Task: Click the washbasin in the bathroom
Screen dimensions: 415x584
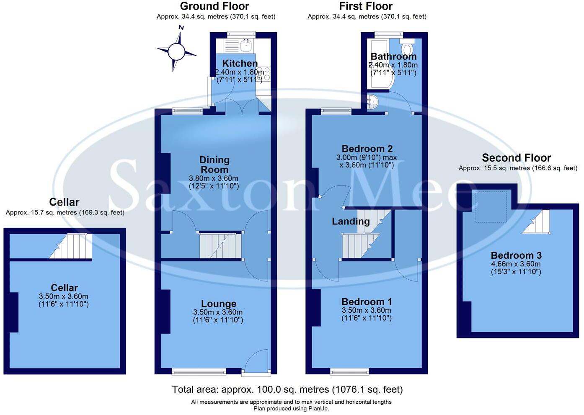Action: pos(372,102)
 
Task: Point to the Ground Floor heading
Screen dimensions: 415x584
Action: pos(214,6)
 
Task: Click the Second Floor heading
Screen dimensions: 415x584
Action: pos(516,158)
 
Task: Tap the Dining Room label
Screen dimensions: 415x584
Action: pos(214,165)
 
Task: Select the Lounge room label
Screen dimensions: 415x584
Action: pos(218,304)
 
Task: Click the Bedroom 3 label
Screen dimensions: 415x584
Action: pos(516,255)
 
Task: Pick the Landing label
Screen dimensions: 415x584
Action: pos(351,221)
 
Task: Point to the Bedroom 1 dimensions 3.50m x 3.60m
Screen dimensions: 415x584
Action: pos(367,310)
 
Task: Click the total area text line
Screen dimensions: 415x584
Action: pos(287,389)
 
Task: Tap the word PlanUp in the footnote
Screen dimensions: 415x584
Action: pos(318,408)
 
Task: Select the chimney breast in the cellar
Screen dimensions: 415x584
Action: pos(13,312)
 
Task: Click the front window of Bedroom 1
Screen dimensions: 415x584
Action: pos(349,371)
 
